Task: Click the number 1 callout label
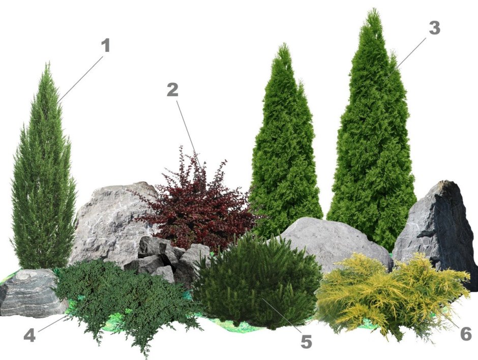[x=105, y=45]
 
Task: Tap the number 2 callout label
[x=172, y=89]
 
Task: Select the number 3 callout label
[x=434, y=28]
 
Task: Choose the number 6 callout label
[x=465, y=334]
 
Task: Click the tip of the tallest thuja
[x=373, y=10]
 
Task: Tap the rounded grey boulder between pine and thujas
[x=332, y=244]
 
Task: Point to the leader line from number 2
[x=189, y=134]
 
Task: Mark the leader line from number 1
[x=80, y=78]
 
